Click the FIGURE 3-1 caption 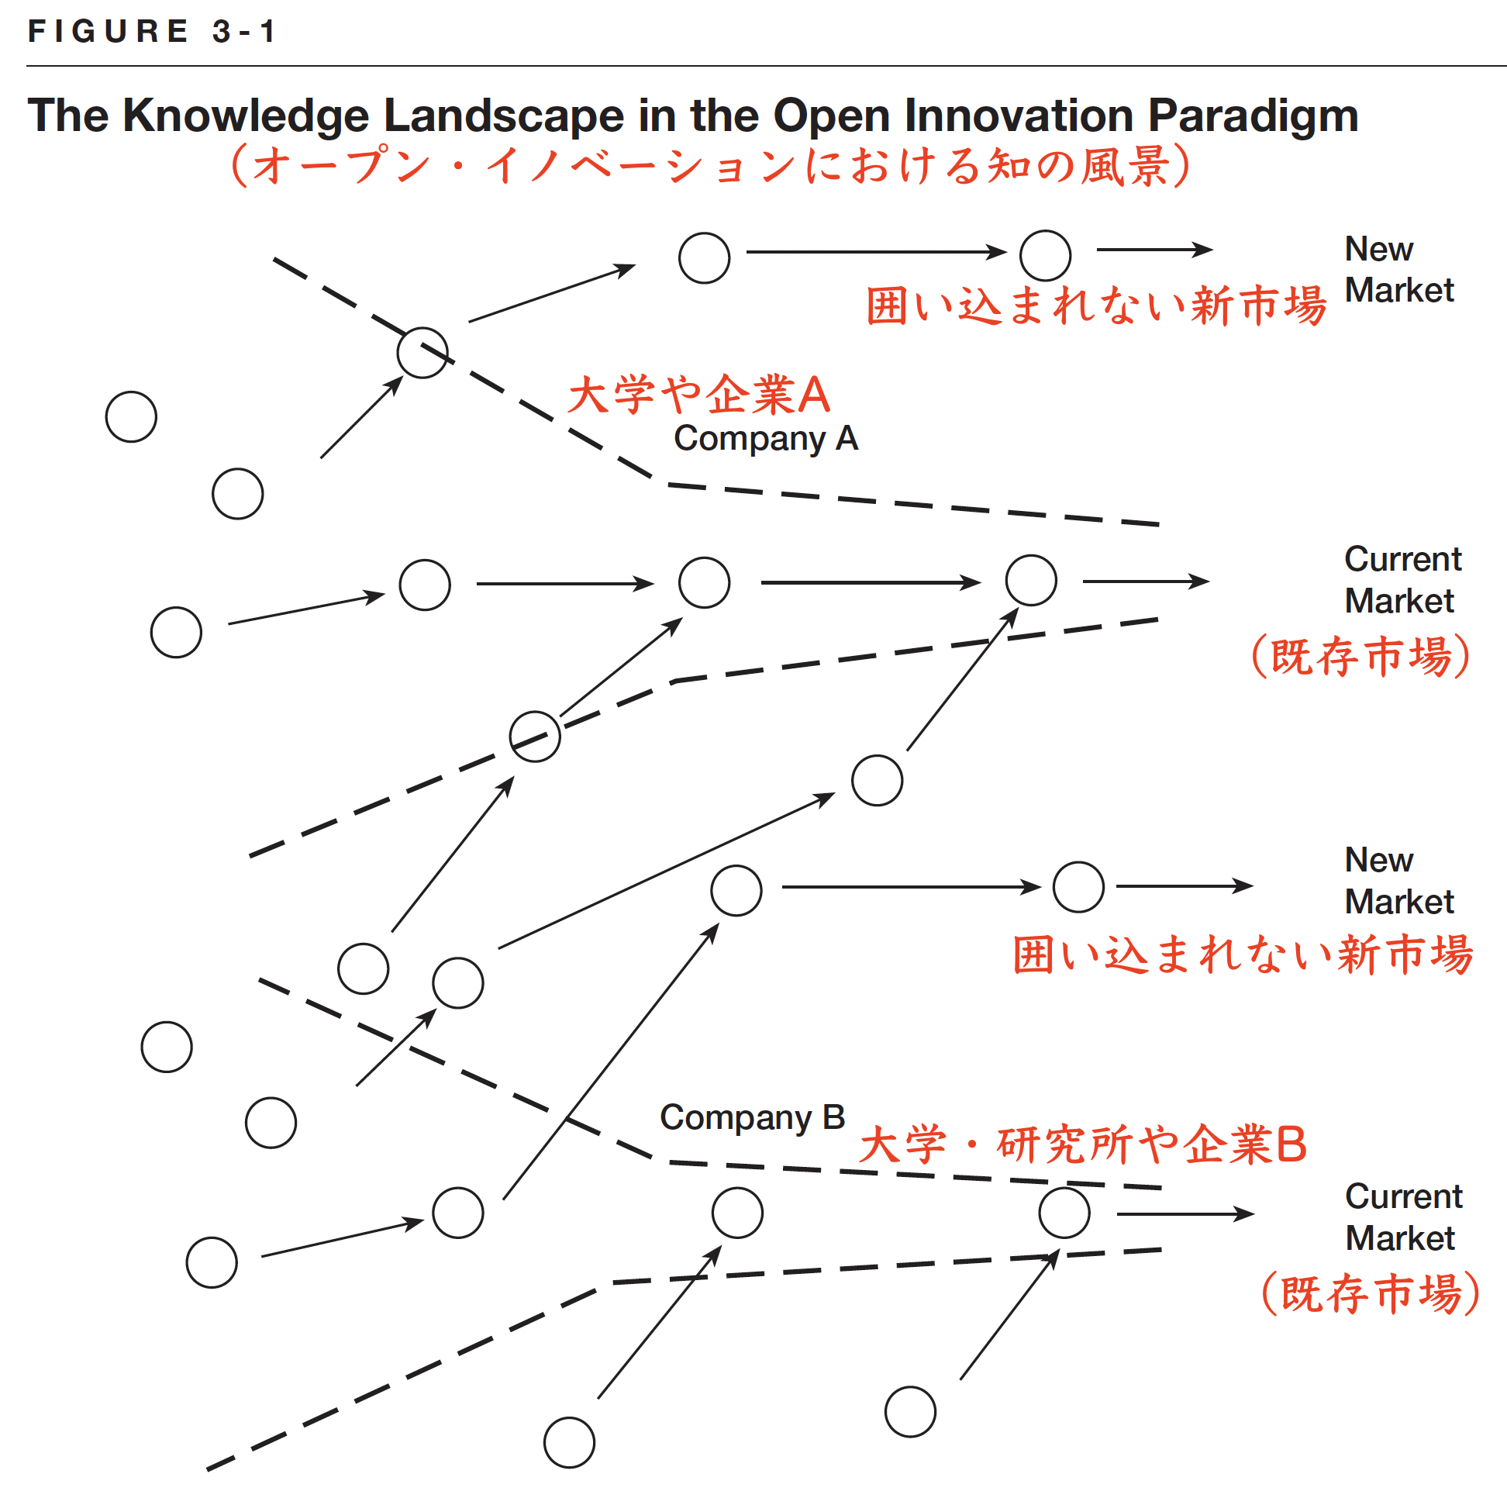pos(151,31)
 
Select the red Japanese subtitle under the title pos(711,165)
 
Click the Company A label pos(766,439)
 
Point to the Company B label pos(753,1117)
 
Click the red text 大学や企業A pos(699,394)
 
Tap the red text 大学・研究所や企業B pos(1083,1144)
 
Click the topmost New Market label pos(1399,269)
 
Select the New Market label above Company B pos(1399,880)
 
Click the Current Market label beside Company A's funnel pos(1402,580)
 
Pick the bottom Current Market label pos(1403,1217)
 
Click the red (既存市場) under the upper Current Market pos(1361,656)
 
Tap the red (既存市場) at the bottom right pos(1371,1293)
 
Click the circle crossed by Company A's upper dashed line pos(422,353)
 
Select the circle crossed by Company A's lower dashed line pos(534,737)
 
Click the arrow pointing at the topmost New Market pos(1154,250)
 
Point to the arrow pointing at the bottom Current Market pos(1185,1214)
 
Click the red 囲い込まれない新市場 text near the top pos(1096,305)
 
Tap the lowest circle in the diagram pos(570,1443)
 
